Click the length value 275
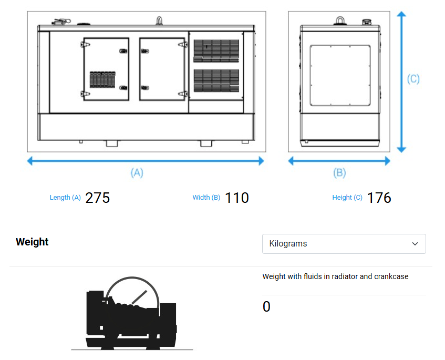point(97,198)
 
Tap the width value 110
point(237,198)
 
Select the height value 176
point(379,198)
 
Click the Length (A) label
point(65,198)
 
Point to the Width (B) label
point(206,198)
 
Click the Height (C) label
point(347,198)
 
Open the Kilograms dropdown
point(344,244)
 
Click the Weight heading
point(32,242)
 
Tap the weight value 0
point(266,306)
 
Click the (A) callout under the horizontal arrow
point(137,173)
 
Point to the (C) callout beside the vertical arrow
point(413,79)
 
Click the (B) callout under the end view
point(339,173)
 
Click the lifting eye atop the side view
point(160,20)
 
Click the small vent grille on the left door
point(102,79)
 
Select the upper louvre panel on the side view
point(216,51)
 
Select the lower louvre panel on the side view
point(216,80)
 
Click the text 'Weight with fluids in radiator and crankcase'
point(335,276)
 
